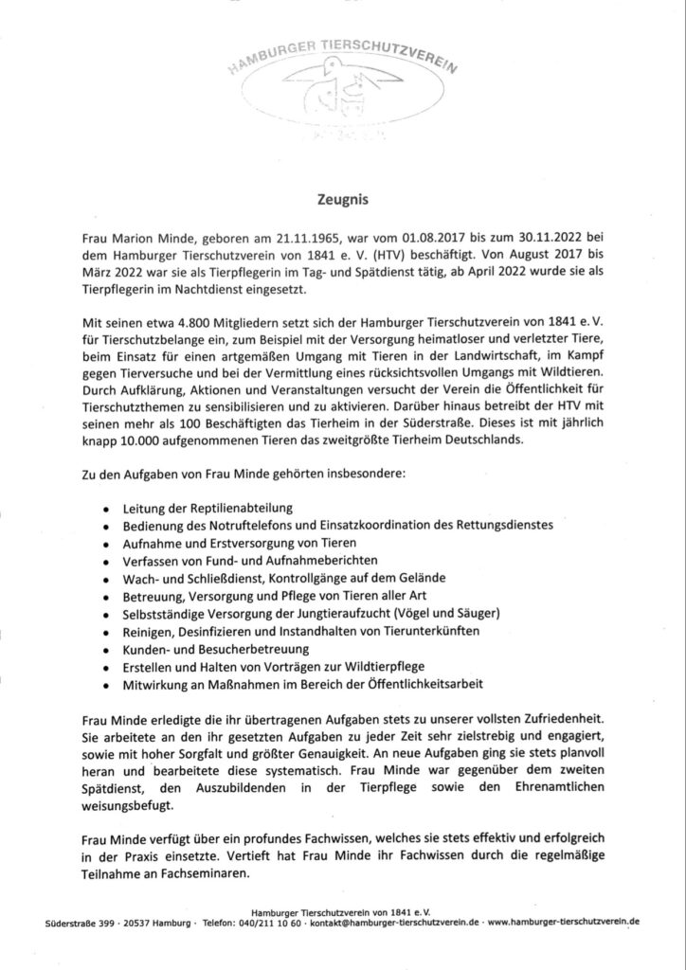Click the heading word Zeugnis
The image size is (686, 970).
coord(342,201)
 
